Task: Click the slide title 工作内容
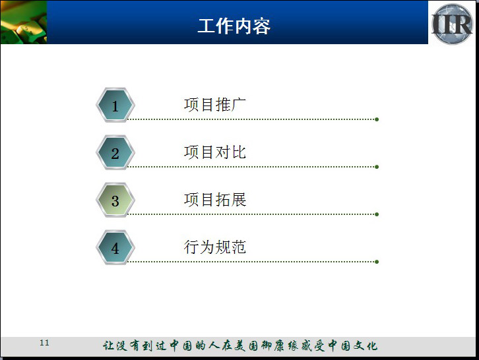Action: (x=234, y=26)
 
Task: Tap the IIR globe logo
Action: (x=452, y=24)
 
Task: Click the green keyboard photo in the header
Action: (x=24, y=22)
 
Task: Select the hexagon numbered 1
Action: (x=115, y=105)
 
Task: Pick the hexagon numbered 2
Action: (x=115, y=152)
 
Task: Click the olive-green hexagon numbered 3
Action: (x=115, y=200)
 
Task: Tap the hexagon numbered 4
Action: (x=115, y=247)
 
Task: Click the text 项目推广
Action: (x=215, y=105)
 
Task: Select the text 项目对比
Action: (x=215, y=152)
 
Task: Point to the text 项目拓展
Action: (x=215, y=200)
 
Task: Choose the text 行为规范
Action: (x=215, y=247)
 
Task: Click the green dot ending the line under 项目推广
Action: (x=377, y=119)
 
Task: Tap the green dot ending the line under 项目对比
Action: (x=377, y=167)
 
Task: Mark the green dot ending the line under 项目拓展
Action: (x=377, y=214)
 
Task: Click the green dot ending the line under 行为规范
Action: (x=377, y=262)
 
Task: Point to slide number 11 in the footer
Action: (x=44, y=343)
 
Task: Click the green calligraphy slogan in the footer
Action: (x=240, y=345)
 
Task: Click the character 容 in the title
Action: (x=262, y=26)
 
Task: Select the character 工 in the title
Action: (x=207, y=26)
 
